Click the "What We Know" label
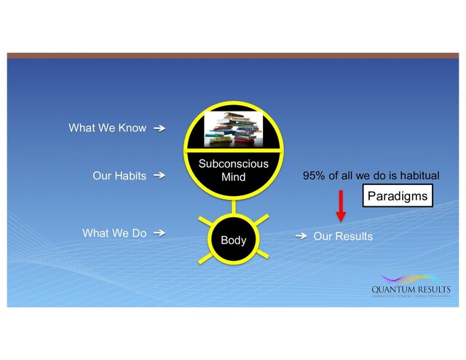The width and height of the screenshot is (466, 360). [x=107, y=128]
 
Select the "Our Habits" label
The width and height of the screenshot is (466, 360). [x=119, y=176]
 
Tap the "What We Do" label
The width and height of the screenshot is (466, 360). [x=114, y=233]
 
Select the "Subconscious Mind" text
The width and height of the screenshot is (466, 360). [x=234, y=170]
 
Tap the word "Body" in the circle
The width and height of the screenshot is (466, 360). [x=234, y=239]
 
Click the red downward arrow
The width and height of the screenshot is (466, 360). [x=340, y=203]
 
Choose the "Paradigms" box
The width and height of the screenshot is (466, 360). [x=397, y=196]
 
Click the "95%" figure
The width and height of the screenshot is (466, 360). [x=315, y=176]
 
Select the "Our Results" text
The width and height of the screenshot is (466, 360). [x=343, y=236]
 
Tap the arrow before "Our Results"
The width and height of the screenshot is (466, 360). [x=300, y=236]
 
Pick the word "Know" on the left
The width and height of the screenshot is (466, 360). [x=131, y=128]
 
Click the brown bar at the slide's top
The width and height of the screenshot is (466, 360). [x=233, y=55]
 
